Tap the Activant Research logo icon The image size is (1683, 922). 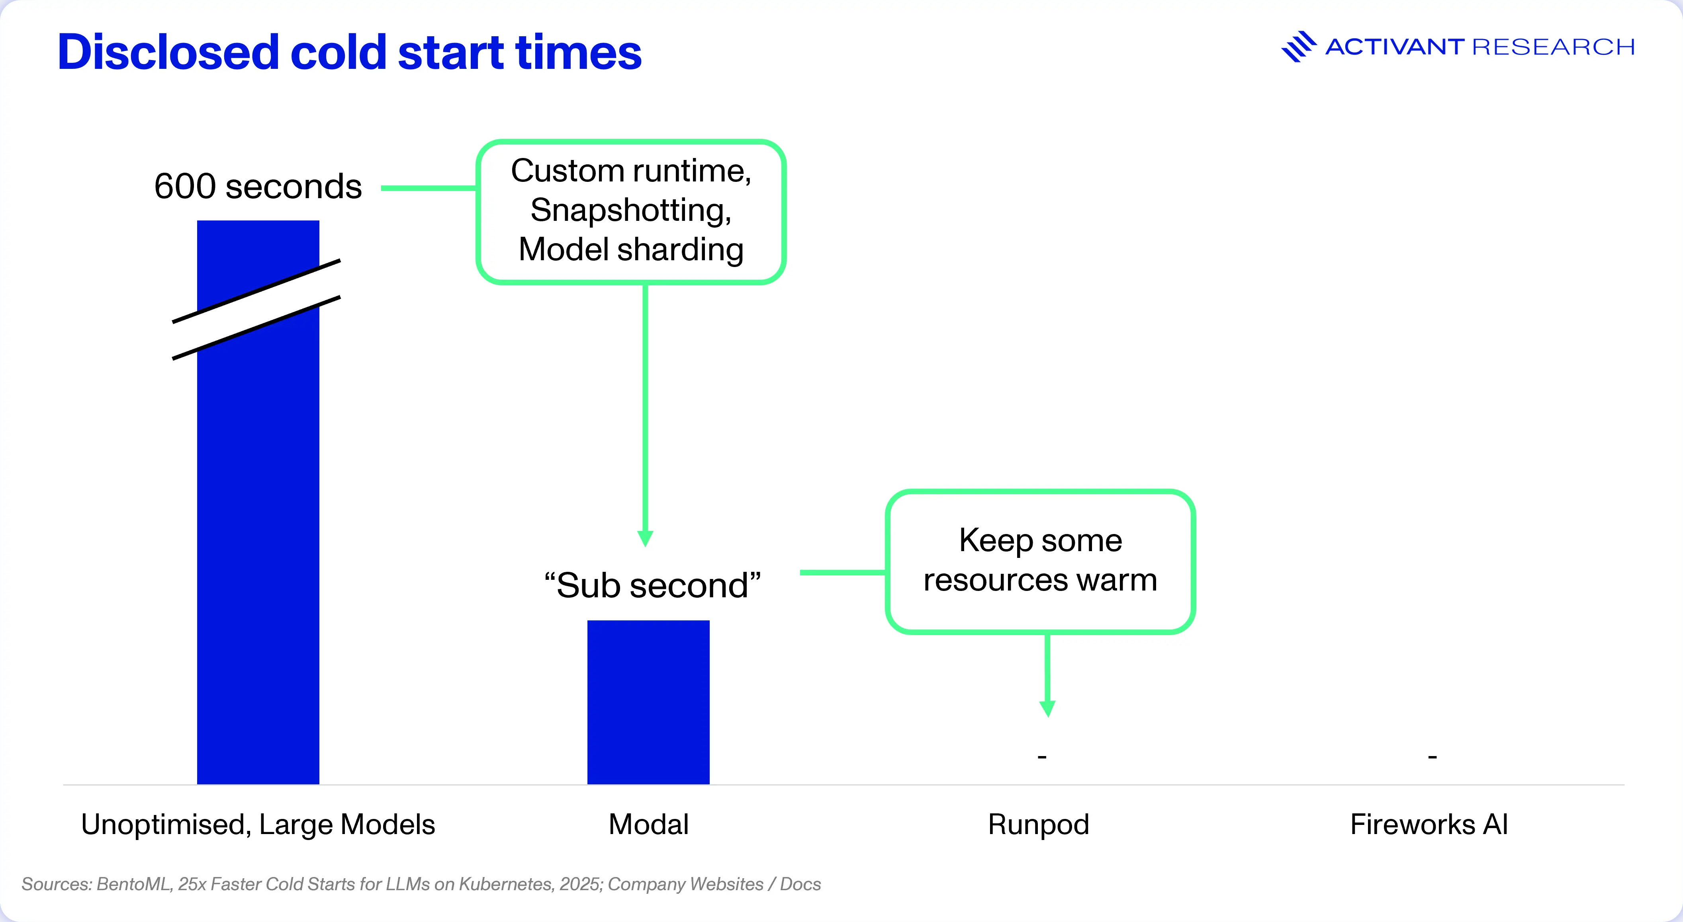pyautogui.click(x=1298, y=47)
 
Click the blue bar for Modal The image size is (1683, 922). pyautogui.click(x=648, y=702)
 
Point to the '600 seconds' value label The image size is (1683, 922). pyautogui.click(x=258, y=186)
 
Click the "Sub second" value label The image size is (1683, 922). pyautogui.click(x=653, y=585)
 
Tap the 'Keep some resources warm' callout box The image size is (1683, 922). pyautogui.click(x=1040, y=561)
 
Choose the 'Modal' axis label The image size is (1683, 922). pyautogui.click(x=648, y=824)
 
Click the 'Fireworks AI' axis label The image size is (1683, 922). pyautogui.click(x=1429, y=824)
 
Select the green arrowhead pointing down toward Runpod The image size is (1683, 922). pyautogui.click(x=1047, y=709)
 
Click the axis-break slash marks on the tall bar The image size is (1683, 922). pyautogui.click(x=256, y=310)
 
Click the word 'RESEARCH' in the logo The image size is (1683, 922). pyautogui.click(x=1554, y=47)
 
